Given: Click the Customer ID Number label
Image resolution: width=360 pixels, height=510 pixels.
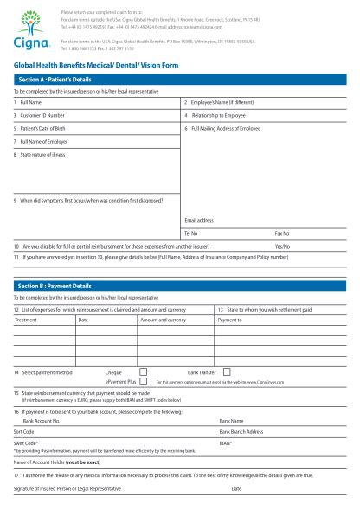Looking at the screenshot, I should click(x=42, y=114).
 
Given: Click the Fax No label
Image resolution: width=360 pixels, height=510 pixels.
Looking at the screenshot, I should click(x=282, y=233).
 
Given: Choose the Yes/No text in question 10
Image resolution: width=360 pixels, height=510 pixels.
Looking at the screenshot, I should click(x=282, y=246).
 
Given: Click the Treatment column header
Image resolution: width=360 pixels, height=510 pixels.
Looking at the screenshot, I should click(x=26, y=320).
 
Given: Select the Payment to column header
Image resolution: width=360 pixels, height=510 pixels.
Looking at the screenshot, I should click(x=229, y=320).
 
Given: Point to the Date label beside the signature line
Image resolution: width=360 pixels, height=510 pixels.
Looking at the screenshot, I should click(x=236, y=489).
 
